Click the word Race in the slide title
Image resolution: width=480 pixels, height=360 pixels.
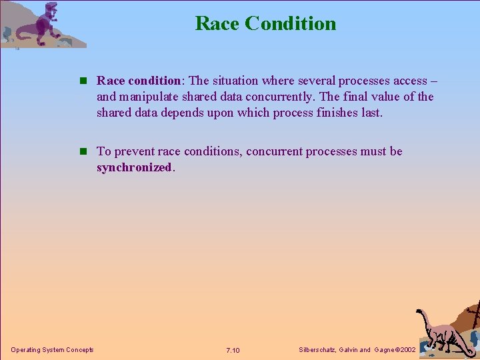coord(217,23)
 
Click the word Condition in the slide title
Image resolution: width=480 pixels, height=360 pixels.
coord(290,23)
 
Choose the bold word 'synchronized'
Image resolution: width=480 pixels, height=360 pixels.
coord(134,167)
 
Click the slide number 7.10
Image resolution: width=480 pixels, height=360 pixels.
coord(233,351)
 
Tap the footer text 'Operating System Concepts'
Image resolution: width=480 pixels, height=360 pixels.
coord(52,350)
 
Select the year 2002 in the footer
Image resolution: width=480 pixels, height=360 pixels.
coord(405,350)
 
